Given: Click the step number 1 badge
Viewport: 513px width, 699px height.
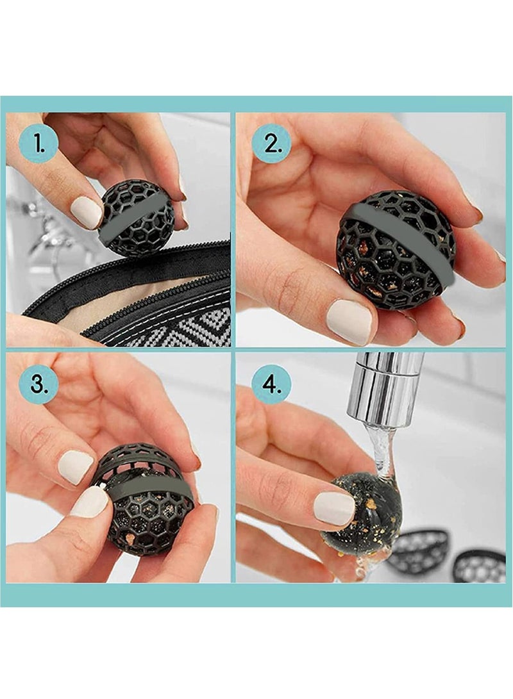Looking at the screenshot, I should click(38, 144).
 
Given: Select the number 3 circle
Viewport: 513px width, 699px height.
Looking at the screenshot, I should click(38, 384).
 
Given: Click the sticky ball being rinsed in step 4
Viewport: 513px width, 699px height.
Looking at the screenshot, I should click(362, 519).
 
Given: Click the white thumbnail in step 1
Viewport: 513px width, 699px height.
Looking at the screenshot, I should click(86, 212).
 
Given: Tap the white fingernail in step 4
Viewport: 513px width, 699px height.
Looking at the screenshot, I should click(334, 508).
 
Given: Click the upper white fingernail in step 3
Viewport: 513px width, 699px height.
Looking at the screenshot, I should click(76, 467).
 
